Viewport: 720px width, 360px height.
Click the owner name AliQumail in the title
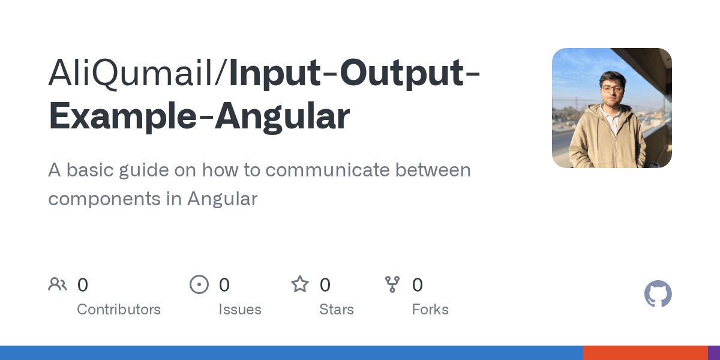134,73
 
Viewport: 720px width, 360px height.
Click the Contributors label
119,310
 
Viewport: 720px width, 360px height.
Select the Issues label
240,310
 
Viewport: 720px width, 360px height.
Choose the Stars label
337,310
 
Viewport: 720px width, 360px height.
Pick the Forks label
430,310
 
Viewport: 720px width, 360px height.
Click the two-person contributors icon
58,284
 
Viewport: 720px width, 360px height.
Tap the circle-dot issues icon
199,284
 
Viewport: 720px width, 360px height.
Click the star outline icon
300,284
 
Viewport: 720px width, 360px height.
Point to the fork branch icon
392,284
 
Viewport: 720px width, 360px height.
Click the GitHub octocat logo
658,294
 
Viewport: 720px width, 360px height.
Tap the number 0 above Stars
325,285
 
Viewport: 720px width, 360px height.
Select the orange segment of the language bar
645,353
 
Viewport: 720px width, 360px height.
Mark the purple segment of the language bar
714,353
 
